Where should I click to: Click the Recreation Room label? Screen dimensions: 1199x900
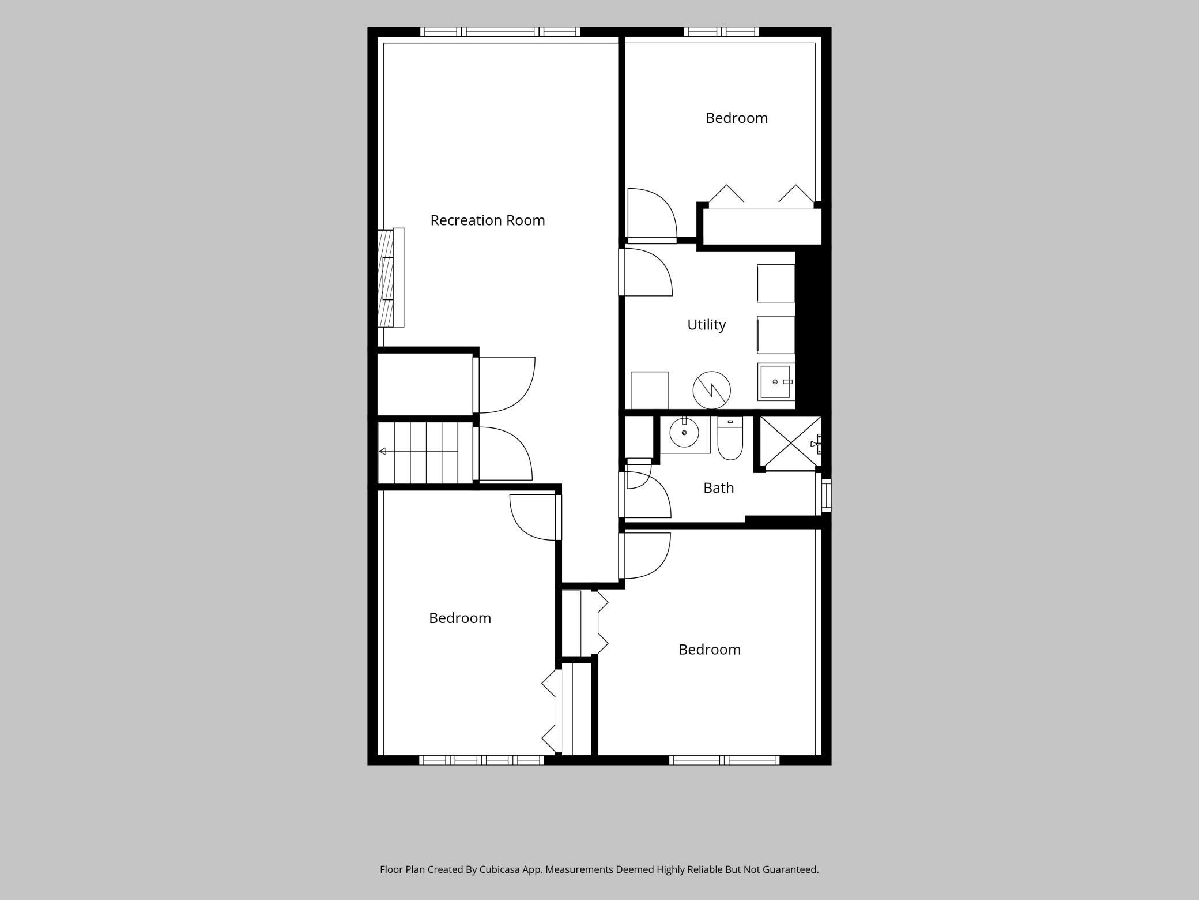coord(488,220)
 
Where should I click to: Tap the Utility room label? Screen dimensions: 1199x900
coord(706,325)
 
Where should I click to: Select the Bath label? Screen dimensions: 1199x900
coord(719,488)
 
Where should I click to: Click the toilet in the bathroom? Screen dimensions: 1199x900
coord(730,438)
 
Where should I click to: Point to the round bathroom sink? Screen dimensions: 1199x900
coord(684,432)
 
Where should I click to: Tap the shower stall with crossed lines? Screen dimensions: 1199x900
coord(790,442)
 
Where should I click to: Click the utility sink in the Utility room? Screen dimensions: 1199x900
coord(776,382)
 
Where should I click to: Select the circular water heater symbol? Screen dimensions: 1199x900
coord(712,390)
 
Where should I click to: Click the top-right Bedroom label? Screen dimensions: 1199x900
coord(737,118)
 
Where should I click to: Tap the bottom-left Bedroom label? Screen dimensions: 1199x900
coord(460,618)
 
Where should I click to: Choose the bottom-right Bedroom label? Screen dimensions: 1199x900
coord(710,650)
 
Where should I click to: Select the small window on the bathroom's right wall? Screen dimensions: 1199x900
coord(827,495)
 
